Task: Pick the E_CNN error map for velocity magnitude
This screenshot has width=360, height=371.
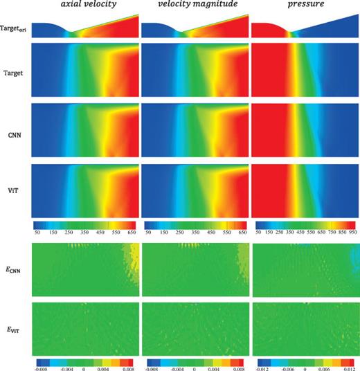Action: [x=192, y=273]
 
